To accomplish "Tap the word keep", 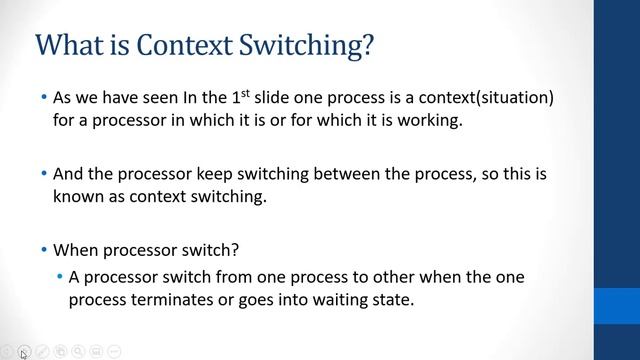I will click(219, 174).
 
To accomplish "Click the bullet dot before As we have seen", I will click(44, 99).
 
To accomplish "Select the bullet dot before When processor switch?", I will click(44, 249).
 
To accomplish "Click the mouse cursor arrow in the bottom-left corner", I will click(23, 353).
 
